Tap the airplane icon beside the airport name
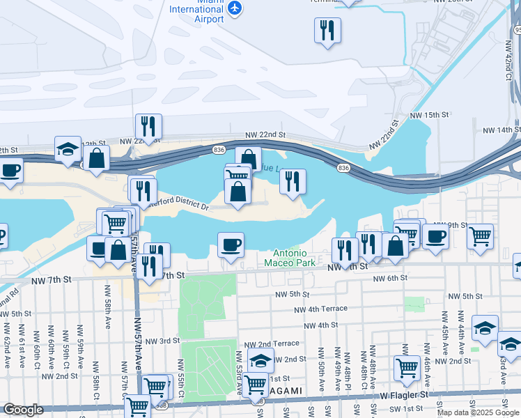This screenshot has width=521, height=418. [235, 8]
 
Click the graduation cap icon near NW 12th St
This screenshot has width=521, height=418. [68, 149]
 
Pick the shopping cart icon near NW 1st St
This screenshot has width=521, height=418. [407, 367]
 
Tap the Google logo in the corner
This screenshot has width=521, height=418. [24, 410]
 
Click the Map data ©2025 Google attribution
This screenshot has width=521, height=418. [479, 412]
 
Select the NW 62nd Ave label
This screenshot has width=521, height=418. [6, 344]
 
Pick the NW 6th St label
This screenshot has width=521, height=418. [389, 279]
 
